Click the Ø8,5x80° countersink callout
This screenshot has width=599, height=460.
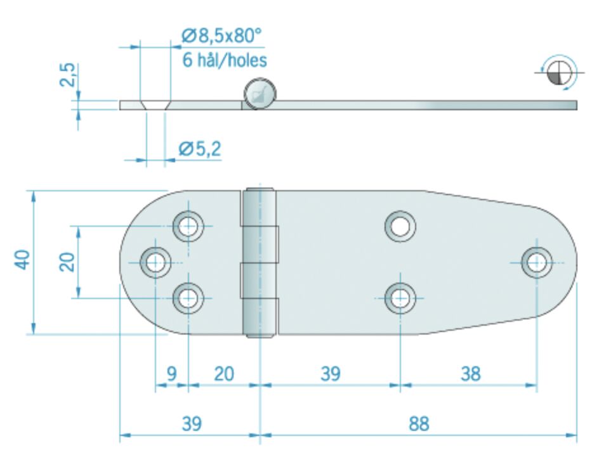click(221, 37)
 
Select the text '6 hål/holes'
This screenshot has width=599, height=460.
click(225, 60)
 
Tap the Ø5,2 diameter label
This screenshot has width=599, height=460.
click(200, 149)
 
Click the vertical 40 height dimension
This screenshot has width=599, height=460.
click(23, 261)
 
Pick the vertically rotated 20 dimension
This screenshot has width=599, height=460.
click(67, 261)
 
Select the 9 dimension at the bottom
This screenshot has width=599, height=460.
click(171, 374)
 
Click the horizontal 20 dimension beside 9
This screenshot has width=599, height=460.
click(223, 374)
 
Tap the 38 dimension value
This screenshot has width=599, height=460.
click(470, 374)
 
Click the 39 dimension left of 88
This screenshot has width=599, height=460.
click(191, 423)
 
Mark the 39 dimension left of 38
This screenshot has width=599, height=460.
click(329, 374)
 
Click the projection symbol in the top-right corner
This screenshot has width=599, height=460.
click(558, 72)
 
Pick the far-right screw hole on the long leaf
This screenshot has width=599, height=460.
click(537, 262)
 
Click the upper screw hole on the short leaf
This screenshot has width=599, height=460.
click(188, 225)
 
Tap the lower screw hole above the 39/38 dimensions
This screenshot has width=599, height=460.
click(400, 297)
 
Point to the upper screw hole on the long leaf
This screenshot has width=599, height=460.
click(400, 225)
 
